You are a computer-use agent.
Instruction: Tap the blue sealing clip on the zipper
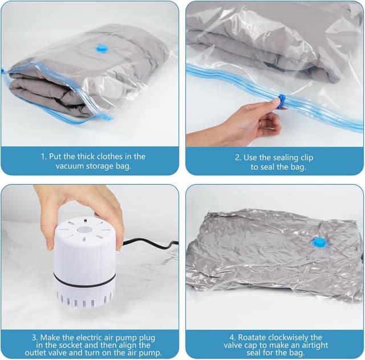(x=282, y=101)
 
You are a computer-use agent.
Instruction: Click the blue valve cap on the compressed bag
(x=318, y=243)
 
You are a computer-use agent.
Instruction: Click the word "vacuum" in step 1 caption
(x=70, y=166)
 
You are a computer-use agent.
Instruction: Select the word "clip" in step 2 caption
(x=306, y=158)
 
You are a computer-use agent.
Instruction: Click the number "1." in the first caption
(x=44, y=157)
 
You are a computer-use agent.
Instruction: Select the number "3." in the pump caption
(x=35, y=337)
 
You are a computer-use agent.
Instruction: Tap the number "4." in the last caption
(x=232, y=337)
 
